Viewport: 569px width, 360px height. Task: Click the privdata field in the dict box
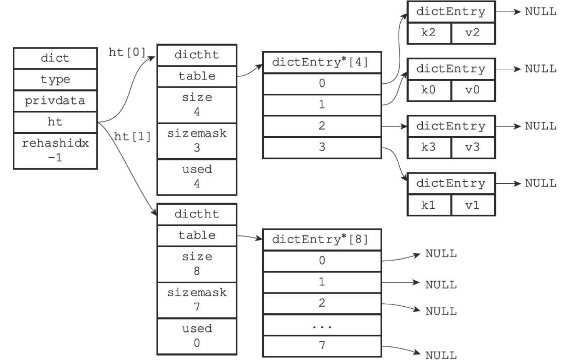55,101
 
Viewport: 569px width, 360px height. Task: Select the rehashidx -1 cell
55,151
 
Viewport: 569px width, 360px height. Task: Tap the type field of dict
55,79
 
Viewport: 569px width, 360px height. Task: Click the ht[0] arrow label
127,52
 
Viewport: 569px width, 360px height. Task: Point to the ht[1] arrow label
132,137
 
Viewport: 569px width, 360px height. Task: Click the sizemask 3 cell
197,141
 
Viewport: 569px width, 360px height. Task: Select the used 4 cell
197,177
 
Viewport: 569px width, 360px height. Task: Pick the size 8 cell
197,264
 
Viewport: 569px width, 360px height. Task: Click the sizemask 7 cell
197,300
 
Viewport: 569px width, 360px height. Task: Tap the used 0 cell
197,336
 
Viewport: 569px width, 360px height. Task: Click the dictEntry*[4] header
322,63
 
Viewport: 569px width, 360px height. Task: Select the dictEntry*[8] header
322,240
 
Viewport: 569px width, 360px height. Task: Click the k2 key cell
429,33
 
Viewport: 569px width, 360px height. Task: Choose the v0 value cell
473,90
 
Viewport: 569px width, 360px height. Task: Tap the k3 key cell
429,147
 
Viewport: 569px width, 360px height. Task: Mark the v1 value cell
473,205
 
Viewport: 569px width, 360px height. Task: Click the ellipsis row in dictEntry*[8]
322,325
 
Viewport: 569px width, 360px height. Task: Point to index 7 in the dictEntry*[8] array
322,346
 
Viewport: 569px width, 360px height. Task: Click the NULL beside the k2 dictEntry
540,12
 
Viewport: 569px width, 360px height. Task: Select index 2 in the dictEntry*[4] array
322,126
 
